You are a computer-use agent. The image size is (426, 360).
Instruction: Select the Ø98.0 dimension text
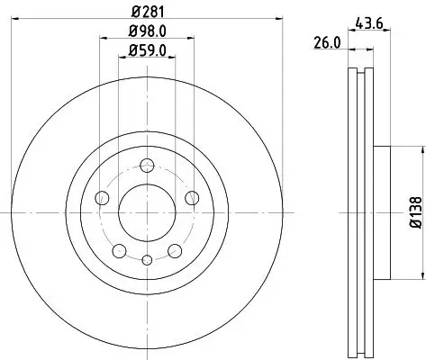coord(146,34)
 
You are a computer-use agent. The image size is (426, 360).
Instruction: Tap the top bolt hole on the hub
coord(146,165)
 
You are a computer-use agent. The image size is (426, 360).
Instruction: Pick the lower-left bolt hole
coord(118,249)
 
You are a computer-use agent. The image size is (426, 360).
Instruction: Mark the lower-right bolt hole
coord(174,249)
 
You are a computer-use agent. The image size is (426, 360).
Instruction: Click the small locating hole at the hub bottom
coord(146,259)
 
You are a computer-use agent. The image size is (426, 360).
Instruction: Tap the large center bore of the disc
coord(146,211)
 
